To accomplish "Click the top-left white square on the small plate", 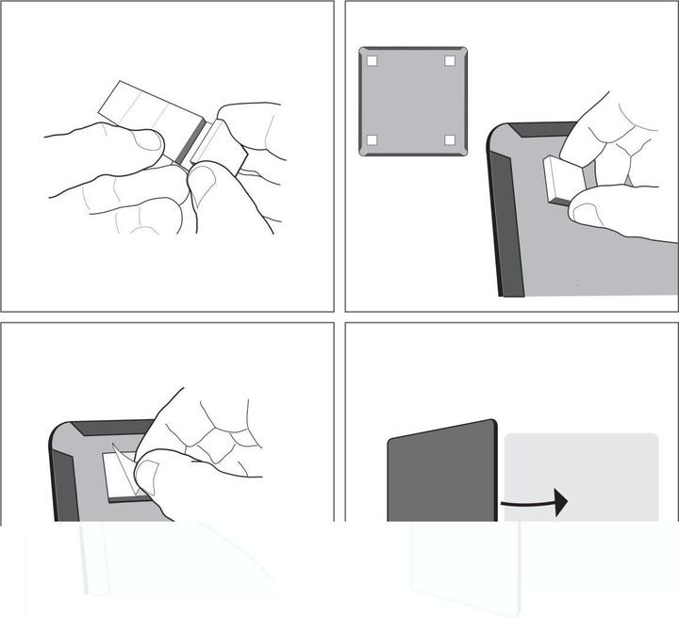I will click(x=373, y=61).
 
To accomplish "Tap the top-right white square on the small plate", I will click(x=450, y=61).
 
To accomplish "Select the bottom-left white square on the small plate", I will click(x=372, y=139).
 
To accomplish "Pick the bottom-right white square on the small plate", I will click(x=450, y=139).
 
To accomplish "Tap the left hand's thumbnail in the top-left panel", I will click(x=146, y=141).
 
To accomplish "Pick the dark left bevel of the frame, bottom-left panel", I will click(x=64, y=480).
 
